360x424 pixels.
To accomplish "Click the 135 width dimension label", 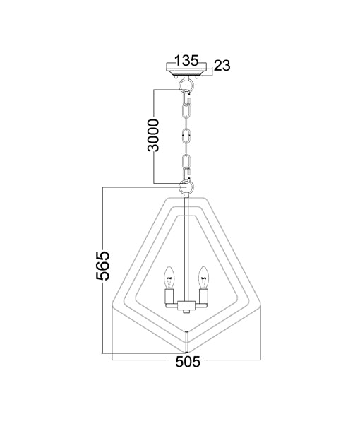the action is pos(186,60).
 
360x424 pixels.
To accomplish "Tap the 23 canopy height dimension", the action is pos(222,66).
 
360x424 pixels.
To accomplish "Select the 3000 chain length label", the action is pos(153,135).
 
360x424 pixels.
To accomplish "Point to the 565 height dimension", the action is pos(103,266).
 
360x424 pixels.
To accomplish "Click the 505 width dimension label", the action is pos(188,362).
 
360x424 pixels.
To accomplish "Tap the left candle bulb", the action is pos(169,278).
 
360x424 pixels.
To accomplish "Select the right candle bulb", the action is pos(203,278).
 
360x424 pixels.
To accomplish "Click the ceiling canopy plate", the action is pos(186,69).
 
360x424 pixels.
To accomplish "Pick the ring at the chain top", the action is pos(186,86).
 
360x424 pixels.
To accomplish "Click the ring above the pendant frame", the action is pos(186,186).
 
